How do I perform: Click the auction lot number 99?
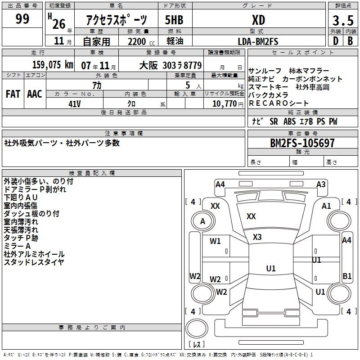(22, 19)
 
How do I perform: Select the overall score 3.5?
(342, 21)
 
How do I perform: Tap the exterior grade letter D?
(335, 40)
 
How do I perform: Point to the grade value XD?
(258, 20)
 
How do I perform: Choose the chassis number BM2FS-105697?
(302, 143)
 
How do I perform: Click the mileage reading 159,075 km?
(53, 65)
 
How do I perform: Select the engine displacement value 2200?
(137, 41)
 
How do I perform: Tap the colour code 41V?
(74, 103)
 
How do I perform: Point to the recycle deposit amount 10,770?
(224, 104)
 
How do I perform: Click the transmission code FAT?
(13, 94)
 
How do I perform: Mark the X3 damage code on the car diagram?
(257, 237)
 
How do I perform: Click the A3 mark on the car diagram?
(321, 184)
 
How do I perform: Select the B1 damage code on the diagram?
(347, 276)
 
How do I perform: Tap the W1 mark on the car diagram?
(216, 241)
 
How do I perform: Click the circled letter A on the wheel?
(202, 221)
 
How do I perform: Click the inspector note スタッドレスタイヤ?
(34, 262)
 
